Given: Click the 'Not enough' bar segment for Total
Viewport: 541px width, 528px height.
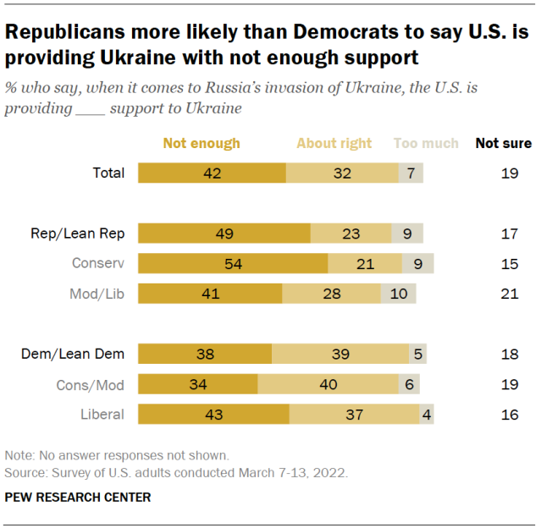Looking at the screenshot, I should (212, 173).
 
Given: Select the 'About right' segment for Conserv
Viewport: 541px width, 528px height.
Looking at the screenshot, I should (365, 263).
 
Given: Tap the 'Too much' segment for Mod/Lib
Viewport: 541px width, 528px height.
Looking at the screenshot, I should (398, 294).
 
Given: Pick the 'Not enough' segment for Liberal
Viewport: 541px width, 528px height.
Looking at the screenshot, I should (213, 414).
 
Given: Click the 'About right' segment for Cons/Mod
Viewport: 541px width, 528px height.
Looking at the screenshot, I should (328, 385).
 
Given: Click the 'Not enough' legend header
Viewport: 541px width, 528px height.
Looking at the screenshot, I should (201, 143).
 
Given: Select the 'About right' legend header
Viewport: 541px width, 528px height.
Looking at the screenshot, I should (334, 143).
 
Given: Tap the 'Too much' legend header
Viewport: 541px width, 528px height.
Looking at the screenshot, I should (426, 143).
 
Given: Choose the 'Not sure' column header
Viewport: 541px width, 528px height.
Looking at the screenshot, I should (504, 143).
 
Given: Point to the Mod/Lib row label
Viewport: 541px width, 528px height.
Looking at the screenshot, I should (97, 294).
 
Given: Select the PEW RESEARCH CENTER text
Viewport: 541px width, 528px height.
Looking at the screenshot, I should (78, 498).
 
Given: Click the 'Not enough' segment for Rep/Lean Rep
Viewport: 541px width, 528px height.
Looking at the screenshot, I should (224, 234).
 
